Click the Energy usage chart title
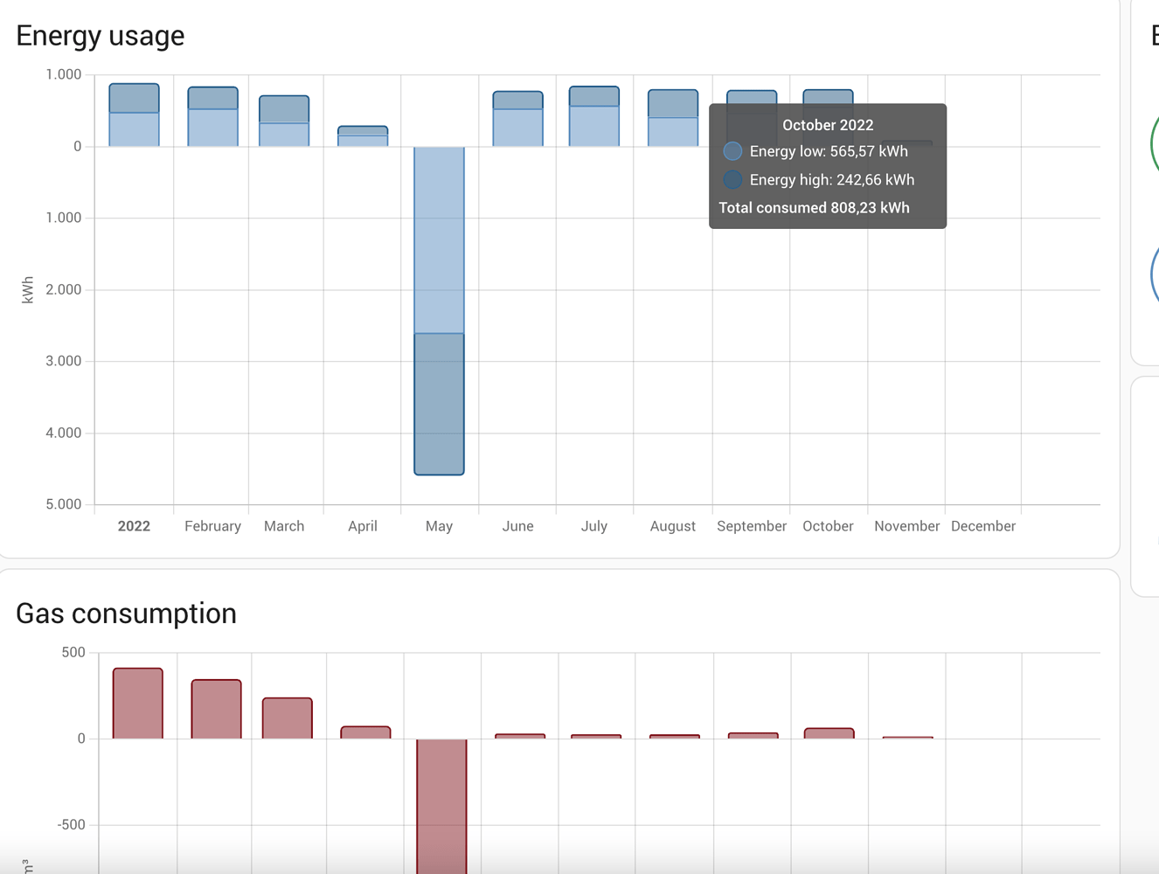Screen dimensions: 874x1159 [101, 36]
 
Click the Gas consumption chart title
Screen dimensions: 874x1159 [126, 614]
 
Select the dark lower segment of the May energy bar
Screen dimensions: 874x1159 [439, 404]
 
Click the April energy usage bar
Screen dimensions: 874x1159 [363, 136]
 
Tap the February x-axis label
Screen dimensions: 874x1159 [212, 526]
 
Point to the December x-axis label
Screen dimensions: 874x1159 [982, 526]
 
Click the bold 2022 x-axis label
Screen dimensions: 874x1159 [134, 526]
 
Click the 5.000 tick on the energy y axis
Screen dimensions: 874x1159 [63, 504]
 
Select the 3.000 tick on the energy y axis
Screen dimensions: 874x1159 [63, 361]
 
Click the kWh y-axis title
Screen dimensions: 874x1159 [28, 289]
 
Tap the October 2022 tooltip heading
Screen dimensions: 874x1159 [827, 125]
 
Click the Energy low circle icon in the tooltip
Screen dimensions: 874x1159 [732, 151]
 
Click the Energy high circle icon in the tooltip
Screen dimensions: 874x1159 [732, 180]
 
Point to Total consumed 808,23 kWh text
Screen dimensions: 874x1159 [814, 208]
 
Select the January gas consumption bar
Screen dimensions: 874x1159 [138, 704]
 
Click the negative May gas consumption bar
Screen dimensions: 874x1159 [441, 804]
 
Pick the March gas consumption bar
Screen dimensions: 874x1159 [288, 718]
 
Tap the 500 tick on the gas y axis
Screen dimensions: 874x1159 [73, 653]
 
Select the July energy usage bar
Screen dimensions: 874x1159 [594, 117]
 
